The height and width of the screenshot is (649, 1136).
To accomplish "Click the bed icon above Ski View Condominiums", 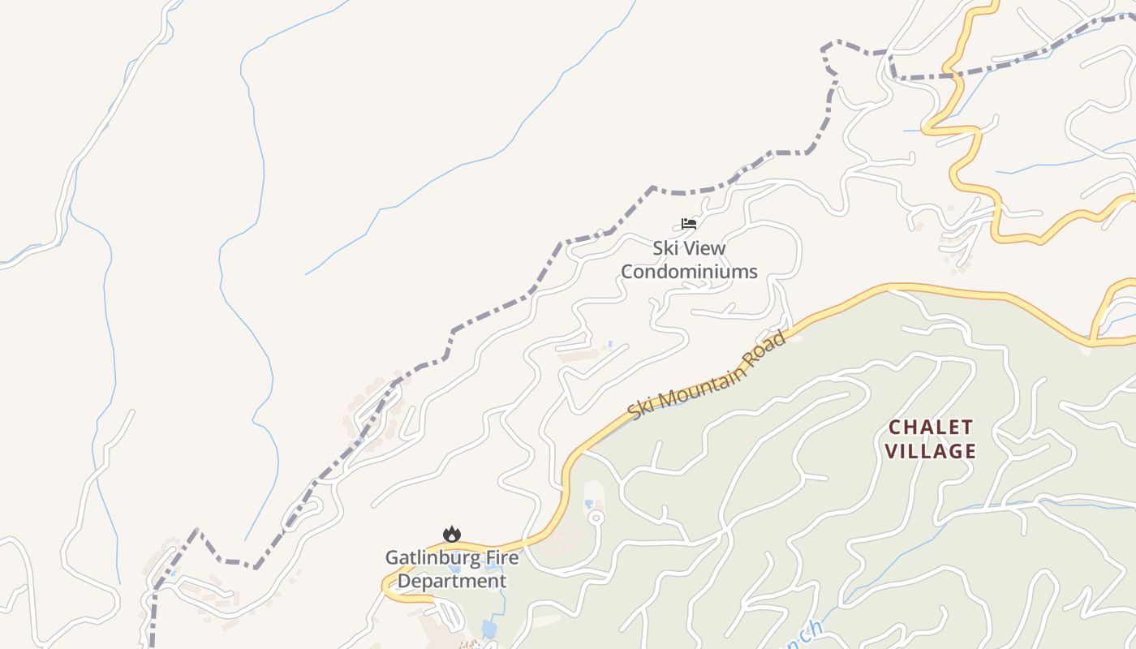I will point(689,224).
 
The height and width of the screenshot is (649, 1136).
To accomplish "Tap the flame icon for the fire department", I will point(452,534).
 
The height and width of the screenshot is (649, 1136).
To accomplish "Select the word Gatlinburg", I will point(430,558).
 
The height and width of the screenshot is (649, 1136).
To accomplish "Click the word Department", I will point(452,582).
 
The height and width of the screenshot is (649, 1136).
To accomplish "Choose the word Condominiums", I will point(689,272).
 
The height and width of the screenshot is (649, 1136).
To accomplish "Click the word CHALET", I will point(931,427).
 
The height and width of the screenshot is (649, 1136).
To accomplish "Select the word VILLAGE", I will point(931,451).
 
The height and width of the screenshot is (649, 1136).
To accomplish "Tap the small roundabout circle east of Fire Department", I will point(596,517).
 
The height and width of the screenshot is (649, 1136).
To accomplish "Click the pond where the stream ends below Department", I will point(488,629).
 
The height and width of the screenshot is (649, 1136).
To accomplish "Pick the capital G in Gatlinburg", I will point(391,558).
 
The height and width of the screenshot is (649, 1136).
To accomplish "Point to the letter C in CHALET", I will point(895,427).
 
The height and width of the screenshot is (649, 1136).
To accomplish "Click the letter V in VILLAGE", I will point(891,451).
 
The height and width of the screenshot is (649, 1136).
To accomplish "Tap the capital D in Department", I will point(403,582).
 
